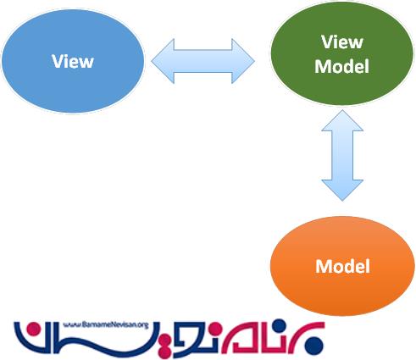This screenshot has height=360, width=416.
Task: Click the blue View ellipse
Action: coord(73,61)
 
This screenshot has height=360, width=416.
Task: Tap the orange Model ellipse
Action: coord(342,266)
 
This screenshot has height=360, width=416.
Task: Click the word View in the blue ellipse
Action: coord(73,61)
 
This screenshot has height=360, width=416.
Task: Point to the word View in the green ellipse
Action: coord(342,42)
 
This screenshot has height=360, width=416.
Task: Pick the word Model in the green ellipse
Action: coord(342,66)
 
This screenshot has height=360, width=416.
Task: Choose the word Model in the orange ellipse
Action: coord(342,266)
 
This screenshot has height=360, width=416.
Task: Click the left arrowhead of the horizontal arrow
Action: coord(163,61)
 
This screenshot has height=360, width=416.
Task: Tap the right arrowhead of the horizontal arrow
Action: coord(243,61)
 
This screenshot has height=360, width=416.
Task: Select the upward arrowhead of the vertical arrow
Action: coord(342,121)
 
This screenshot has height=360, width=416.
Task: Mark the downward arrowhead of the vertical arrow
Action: coord(342,191)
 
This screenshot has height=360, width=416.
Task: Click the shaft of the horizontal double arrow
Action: coord(203,61)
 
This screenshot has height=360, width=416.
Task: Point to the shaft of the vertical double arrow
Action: coord(342,156)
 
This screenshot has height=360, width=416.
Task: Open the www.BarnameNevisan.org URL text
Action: coord(106,325)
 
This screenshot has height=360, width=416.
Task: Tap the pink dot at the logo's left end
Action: coord(34,330)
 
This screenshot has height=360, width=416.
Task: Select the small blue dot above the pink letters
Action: coord(280,324)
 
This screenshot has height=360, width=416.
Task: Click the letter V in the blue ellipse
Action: coord(58,61)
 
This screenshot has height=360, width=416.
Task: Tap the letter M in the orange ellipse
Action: coord(323,266)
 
